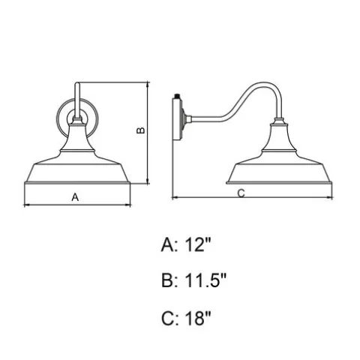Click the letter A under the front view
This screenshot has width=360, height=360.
pyautogui.click(x=75, y=197)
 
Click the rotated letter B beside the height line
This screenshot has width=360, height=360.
pyautogui.click(x=141, y=130)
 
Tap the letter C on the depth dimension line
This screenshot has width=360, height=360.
pyautogui.click(x=241, y=193)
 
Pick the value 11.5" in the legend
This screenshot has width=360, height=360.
pyautogui.click(x=205, y=280)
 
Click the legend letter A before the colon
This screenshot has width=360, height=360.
pyautogui.click(x=167, y=244)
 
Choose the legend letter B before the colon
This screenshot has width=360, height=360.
pyautogui.click(x=167, y=280)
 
